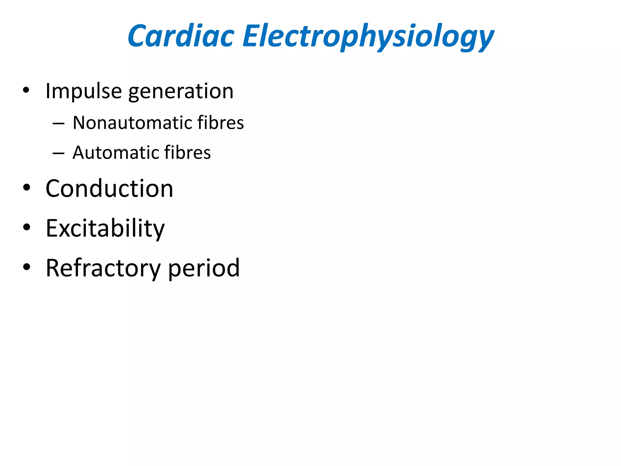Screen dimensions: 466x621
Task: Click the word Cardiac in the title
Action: pyautogui.click(x=181, y=36)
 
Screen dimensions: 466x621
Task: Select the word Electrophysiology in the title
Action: pyautogui.click(x=368, y=37)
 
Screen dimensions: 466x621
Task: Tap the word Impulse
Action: pyautogui.click(x=84, y=91)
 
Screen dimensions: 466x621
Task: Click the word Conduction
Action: pyautogui.click(x=109, y=188)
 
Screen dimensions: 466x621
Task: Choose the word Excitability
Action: pyautogui.click(x=105, y=228)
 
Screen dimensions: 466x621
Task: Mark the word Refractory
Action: pyautogui.click(x=103, y=268)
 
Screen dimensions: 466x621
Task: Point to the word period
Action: pyautogui.click(x=204, y=268)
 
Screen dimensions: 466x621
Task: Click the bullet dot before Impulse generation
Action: pyautogui.click(x=26, y=90)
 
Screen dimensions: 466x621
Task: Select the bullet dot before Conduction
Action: pyautogui.click(x=26, y=187)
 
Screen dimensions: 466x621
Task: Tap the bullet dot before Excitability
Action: pyautogui.click(x=26, y=227)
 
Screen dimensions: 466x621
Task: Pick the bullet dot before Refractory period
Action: pyautogui.click(x=26, y=267)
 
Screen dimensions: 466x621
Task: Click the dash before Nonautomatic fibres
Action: pyautogui.click(x=58, y=124)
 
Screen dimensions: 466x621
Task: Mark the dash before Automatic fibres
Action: pyautogui.click(x=58, y=154)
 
